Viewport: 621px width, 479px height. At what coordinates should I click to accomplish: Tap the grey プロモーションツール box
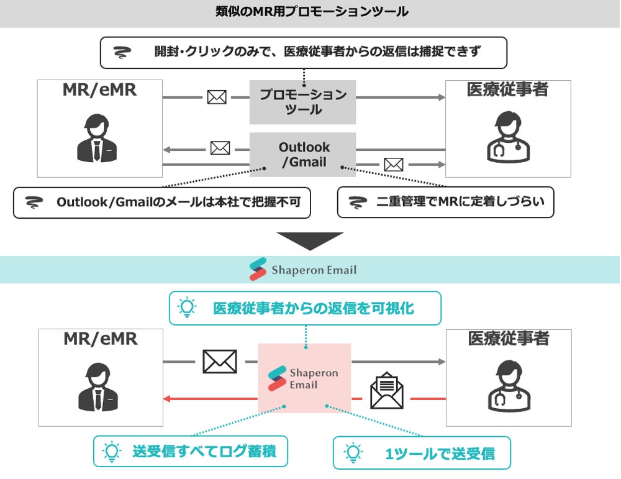[x=302, y=102]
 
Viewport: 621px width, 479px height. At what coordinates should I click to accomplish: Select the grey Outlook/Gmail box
[x=302, y=155]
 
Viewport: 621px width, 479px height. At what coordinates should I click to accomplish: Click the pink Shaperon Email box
[x=304, y=378]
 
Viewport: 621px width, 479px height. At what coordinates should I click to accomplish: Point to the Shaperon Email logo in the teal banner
[x=302, y=270]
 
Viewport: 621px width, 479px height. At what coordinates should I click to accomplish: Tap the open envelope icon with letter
[x=386, y=390]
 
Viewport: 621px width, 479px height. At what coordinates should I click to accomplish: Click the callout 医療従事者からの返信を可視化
[x=305, y=308]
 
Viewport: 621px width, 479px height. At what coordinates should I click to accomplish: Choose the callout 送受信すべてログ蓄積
[x=191, y=451]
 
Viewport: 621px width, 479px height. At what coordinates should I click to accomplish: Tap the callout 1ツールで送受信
[x=422, y=453]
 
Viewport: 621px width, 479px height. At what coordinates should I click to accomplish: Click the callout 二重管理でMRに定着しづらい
[x=445, y=203]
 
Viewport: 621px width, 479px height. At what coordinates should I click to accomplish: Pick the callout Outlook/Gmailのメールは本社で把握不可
[x=161, y=203]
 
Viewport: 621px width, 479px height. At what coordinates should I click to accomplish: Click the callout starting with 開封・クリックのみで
[x=303, y=52]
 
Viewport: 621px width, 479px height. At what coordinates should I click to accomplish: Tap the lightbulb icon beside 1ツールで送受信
[x=353, y=452]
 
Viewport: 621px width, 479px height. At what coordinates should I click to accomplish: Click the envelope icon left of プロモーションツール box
[x=216, y=97]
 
